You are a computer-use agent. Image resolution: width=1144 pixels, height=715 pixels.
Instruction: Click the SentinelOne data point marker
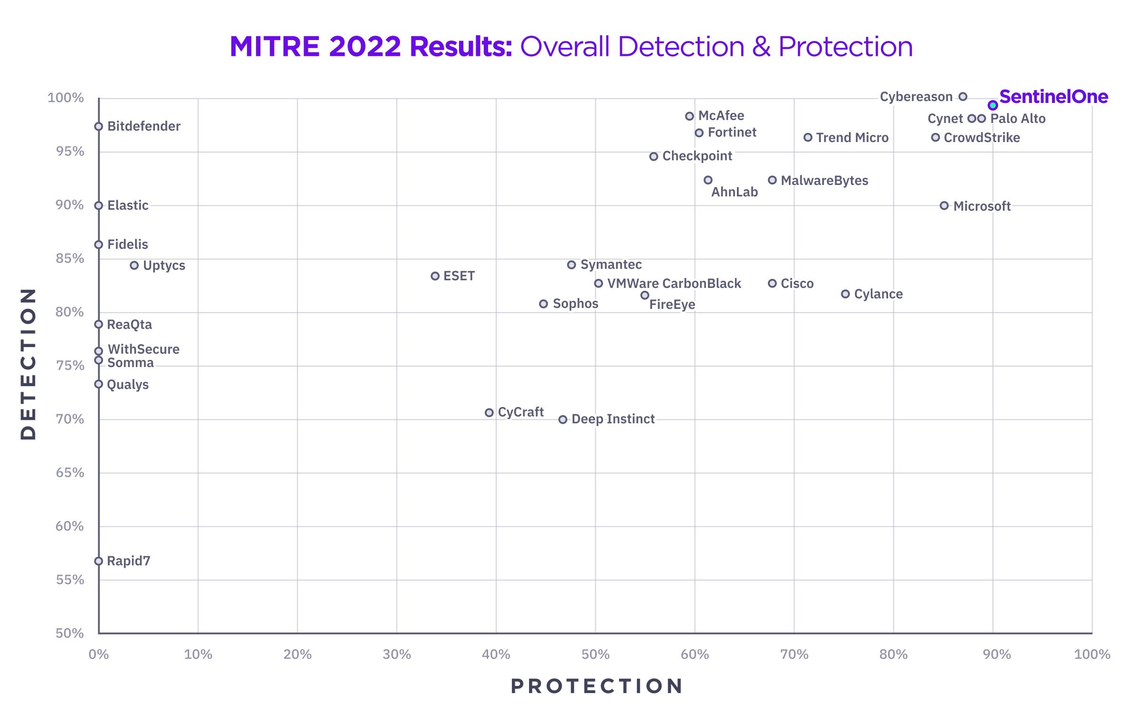click(993, 105)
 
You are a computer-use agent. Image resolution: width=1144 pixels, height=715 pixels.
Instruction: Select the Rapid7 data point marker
click(99, 561)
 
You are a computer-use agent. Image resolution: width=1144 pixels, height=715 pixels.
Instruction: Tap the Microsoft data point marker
click(944, 206)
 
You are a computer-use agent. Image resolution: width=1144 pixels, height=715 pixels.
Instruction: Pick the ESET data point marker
click(435, 276)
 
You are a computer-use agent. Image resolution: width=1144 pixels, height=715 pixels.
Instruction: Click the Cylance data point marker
click(845, 294)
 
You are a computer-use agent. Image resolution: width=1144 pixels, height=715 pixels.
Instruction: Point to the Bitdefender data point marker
click(99, 126)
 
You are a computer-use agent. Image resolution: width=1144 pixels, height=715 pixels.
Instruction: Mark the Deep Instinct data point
click(563, 419)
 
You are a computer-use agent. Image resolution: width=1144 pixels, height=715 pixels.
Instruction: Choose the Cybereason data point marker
click(963, 97)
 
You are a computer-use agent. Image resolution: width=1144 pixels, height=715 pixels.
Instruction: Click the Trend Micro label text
click(852, 138)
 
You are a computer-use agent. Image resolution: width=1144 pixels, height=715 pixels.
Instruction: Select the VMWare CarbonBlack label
click(674, 284)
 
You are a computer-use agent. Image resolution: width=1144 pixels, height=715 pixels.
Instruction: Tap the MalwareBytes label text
click(825, 181)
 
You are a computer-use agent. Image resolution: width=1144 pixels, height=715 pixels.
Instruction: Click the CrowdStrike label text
click(982, 138)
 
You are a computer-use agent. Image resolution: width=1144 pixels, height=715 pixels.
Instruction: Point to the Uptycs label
click(164, 266)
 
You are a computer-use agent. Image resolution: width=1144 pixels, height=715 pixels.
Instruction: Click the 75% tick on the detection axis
click(70, 366)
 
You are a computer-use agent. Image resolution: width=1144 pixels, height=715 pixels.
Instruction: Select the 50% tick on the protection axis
click(595, 654)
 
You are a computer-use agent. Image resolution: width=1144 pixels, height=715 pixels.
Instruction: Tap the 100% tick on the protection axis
click(1092, 654)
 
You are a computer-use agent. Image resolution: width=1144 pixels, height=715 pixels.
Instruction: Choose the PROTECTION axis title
click(597, 686)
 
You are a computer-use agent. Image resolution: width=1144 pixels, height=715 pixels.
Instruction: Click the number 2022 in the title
click(365, 47)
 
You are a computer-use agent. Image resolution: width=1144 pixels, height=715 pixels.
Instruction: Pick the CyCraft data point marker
click(489, 413)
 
